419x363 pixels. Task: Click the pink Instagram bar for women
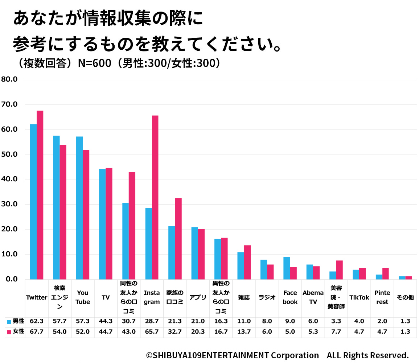[x=155, y=197]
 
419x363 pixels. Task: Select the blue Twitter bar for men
[x=33, y=202]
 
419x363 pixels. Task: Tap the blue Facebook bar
[x=287, y=268]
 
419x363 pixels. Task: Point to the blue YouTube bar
[x=79, y=208]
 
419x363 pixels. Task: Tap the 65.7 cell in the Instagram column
[x=152, y=331]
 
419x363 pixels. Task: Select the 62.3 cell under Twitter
[x=37, y=321]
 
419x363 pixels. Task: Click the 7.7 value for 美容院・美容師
[x=336, y=331]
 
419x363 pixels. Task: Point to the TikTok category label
[x=359, y=298]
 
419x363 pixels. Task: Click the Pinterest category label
[x=382, y=297]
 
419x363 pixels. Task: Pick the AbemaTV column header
[x=313, y=297]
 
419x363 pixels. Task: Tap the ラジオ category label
[x=267, y=298]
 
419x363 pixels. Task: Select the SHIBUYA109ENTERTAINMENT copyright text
[x=232, y=355]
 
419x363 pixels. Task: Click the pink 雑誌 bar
[x=247, y=262]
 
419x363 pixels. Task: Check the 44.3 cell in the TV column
[x=106, y=321]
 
